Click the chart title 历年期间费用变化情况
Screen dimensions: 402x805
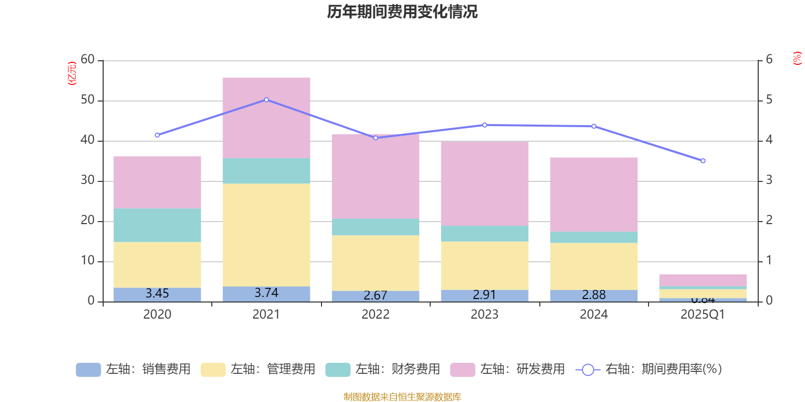coord(402,12)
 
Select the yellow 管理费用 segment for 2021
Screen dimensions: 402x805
coord(266,235)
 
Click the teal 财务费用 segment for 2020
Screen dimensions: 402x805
coord(157,225)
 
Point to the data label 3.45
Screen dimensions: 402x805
coord(157,293)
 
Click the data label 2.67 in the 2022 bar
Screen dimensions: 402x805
coord(375,295)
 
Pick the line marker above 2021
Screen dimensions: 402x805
coord(266,99)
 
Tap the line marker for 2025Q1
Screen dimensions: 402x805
coord(703,161)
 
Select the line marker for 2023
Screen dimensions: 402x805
coord(485,125)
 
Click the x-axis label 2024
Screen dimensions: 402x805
coord(594,315)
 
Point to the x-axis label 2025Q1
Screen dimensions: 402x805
coord(702,315)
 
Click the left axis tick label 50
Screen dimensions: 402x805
coord(88,100)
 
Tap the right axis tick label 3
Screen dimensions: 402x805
coord(769,180)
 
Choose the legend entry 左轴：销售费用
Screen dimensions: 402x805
coord(133,369)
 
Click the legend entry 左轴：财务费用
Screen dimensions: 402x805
coord(383,369)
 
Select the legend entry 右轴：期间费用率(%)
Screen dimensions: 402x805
coord(649,369)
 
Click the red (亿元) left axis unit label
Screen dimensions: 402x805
coord(72,73)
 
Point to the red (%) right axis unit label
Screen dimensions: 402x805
coord(797,58)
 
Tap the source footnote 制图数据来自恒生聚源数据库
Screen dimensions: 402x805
coord(402,397)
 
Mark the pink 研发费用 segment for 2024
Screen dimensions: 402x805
coord(594,194)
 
